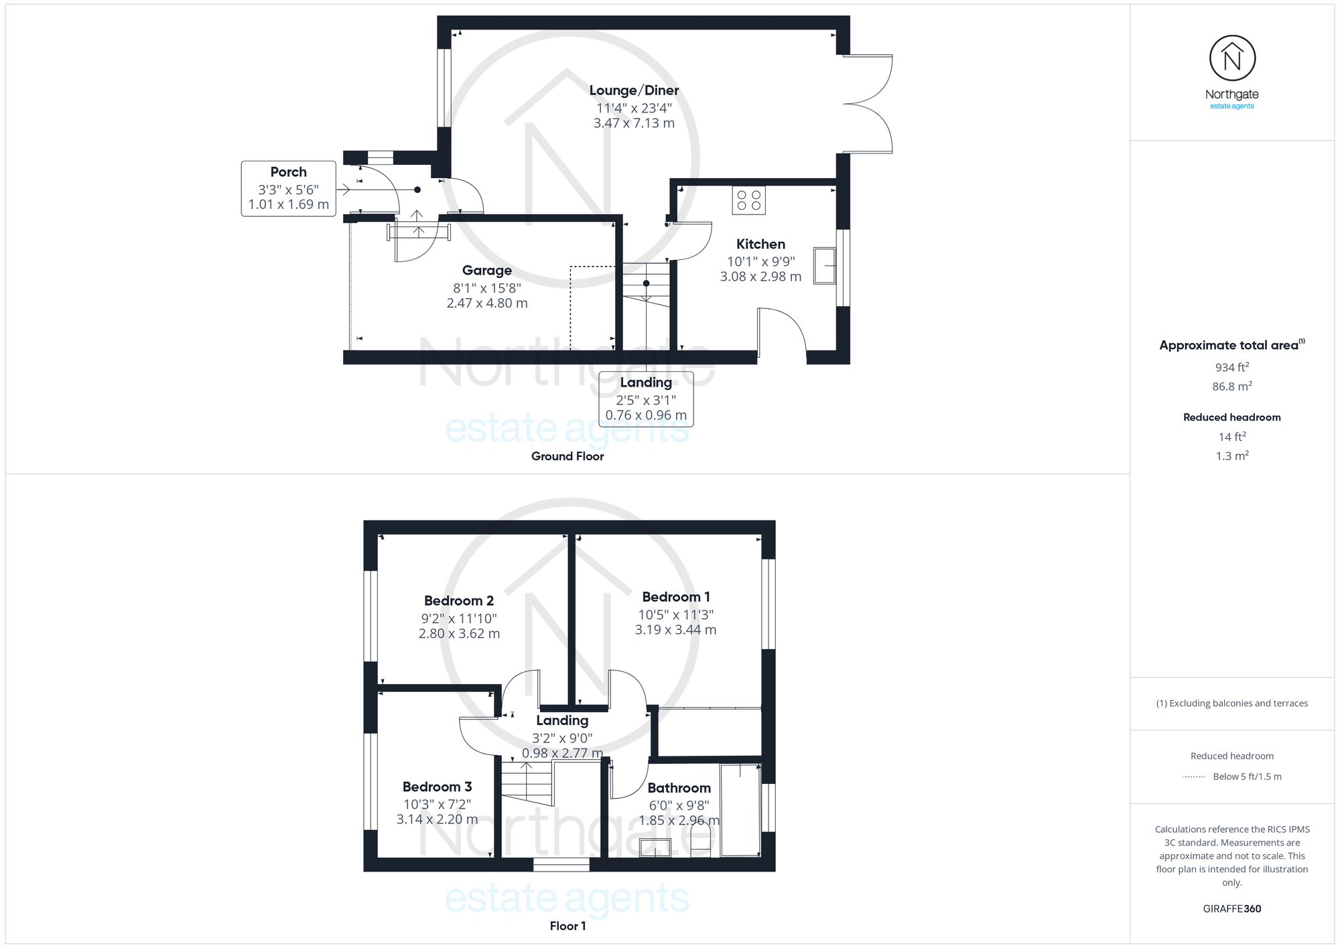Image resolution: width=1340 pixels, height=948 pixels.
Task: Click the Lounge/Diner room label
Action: tap(634, 90)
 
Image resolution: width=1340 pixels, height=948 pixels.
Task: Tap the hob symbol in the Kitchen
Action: tap(748, 200)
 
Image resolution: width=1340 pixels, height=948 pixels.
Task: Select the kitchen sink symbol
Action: tap(825, 266)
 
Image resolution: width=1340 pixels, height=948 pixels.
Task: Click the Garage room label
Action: tap(487, 271)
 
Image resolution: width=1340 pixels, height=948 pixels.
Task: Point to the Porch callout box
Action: tap(288, 188)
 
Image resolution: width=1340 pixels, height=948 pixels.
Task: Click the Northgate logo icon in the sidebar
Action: tap(1231, 59)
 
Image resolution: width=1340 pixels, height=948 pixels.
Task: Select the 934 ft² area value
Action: tap(1231, 367)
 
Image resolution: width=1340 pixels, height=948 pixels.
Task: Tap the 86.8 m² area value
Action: tap(1231, 387)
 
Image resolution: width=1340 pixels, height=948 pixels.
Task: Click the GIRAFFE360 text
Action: tap(1231, 909)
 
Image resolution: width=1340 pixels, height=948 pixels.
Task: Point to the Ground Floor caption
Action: tap(567, 456)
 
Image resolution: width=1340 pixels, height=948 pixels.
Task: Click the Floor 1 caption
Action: tap(567, 926)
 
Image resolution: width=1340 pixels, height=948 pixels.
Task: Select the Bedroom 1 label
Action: tap(675, 597)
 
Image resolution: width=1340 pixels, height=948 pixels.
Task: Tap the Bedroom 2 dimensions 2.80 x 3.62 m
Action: tap(459, 634)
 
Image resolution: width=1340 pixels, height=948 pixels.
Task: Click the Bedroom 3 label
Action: tap(437, 787)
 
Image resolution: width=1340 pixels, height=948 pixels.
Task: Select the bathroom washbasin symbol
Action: tap(655, 848)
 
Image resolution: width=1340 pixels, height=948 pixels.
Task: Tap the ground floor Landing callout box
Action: tap(646, 399)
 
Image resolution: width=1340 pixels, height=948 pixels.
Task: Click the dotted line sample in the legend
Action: tap(1194, 777)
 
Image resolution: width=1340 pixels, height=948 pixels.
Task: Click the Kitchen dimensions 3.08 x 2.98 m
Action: tap(760, 277)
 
